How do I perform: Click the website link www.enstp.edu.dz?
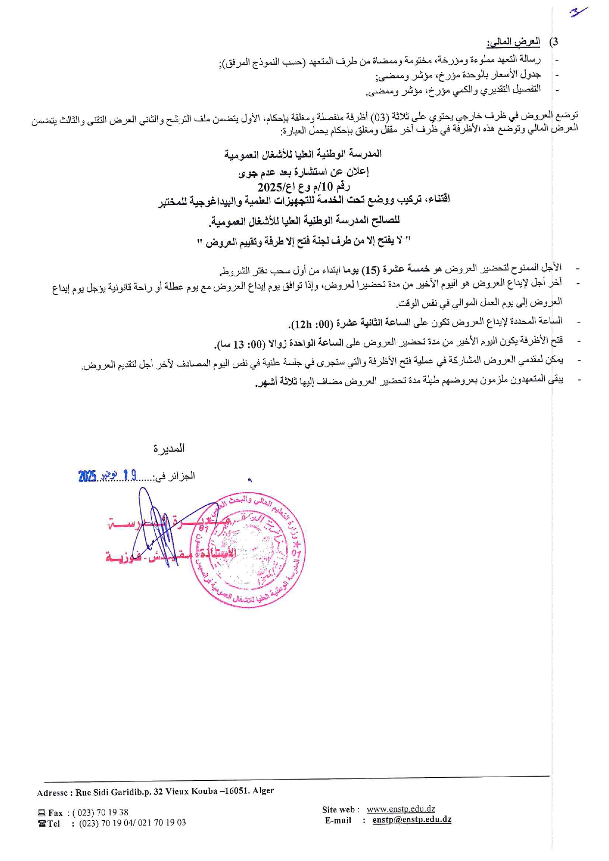(x=401, y=809)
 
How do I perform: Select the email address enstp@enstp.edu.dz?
(x=412, y=820)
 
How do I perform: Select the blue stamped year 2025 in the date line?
(x=87, y=476)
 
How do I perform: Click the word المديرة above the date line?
(x=168, y=448)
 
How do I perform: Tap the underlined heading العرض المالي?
(x=513, y=42)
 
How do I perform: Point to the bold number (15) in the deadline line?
(x=371, y=269)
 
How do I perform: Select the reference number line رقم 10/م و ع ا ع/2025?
(x=303, y=187)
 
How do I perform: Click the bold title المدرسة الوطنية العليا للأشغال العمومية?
(x=303, y=154)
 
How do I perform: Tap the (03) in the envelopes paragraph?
(x=379, y=117)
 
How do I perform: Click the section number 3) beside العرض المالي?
(x=553, y=42)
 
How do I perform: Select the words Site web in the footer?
(x=338, y=809)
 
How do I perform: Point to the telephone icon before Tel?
(x=42, y=823)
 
